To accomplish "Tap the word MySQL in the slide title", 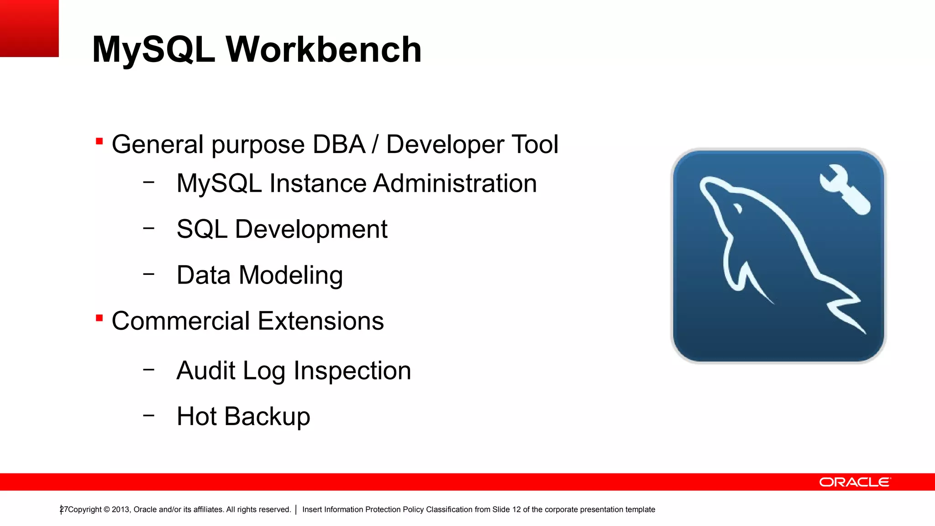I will (x=153, y=49).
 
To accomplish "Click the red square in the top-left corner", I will (x=29, y=28).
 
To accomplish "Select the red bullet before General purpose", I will (x=99, y=141).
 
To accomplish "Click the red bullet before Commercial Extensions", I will (x=99, y=318).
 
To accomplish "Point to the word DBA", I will (x=339, y=144).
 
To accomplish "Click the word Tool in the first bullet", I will (x=535, y=144).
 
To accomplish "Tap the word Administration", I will (x=455, y=184).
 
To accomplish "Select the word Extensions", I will (x=320, y=321).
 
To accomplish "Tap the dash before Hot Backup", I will (x=148, y=416).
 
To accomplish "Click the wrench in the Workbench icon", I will (x=845, y=189).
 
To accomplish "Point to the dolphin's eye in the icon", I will (x=737, y=209).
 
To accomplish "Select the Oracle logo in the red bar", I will (x=855, y=482).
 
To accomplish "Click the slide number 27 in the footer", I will (x=63, y=510).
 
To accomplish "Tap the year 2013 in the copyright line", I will (x=121, y=510).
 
